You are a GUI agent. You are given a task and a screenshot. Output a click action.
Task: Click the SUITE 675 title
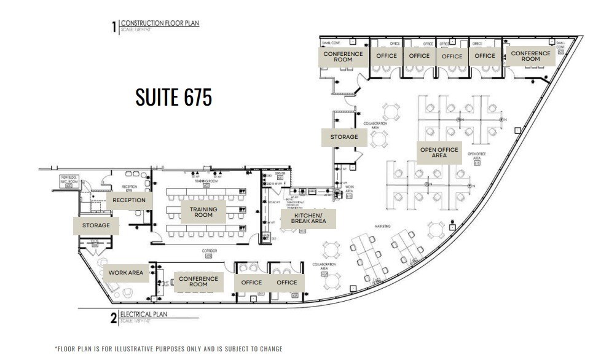(173, 97)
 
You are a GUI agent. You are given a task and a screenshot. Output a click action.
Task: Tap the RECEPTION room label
(129, 200)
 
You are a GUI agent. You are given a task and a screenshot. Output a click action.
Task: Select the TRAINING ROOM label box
(203, 212)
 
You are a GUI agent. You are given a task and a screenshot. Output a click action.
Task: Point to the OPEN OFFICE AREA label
(439, 152)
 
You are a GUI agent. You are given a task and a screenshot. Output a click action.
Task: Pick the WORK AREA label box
(126, 273)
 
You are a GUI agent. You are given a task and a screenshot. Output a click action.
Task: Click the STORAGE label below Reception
(96, 225)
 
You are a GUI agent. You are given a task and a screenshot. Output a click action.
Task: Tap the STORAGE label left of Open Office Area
(344, 137)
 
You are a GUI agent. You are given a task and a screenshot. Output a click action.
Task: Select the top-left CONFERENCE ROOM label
(343, 57)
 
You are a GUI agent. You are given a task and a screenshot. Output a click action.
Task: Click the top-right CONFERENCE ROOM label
(531, 57)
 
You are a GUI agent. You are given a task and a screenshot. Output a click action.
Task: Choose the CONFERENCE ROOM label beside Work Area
(198, 282)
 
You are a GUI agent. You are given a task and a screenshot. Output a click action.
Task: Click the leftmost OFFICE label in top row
(387, 56)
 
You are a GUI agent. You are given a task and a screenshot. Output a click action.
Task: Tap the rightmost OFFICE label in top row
(485, 56)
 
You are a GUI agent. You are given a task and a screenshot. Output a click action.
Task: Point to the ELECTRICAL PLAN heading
(144, 315)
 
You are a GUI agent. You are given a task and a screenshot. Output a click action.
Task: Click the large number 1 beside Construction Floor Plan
(114, 27)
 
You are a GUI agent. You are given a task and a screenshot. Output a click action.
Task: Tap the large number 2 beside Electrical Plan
(114, 318)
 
